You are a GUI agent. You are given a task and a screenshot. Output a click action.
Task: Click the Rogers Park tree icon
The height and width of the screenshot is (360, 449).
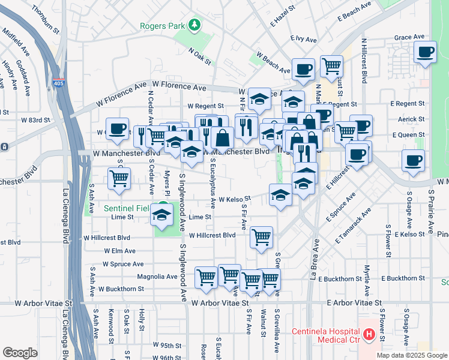pos(194,25)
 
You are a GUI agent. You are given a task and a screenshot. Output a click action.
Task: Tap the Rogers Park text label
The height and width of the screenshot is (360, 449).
pos(163,25)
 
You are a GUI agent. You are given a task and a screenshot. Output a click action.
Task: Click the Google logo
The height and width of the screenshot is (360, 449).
pos(20,353)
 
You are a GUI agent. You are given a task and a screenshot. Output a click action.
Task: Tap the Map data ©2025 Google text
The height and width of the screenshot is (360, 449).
pos(412,355)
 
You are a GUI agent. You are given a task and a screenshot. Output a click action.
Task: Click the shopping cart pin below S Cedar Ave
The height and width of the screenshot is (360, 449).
pos(119,178)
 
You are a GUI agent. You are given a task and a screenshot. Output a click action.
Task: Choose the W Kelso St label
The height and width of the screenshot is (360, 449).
pos(234,199)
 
